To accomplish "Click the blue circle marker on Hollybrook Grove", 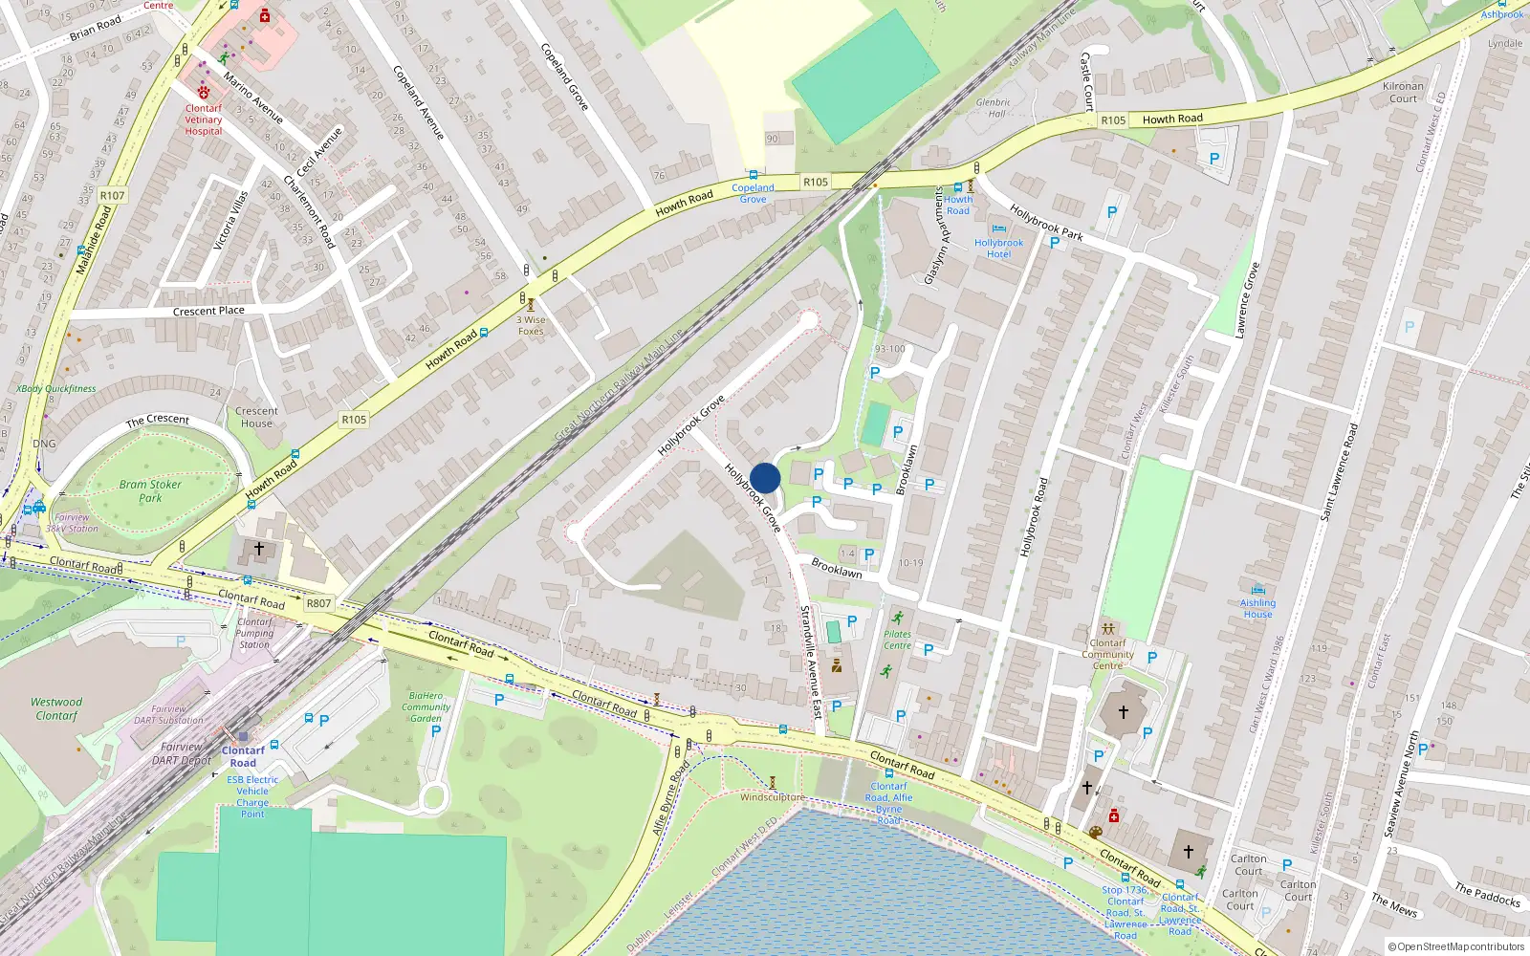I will pyautogui.click(x=765, y=478).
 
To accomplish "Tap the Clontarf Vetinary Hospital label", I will pyautogui.click(x=203, y=119).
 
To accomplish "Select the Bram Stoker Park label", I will pyautogui.click(x=150, y=490).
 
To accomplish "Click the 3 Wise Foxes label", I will pyautogui.click(x=532, y=326).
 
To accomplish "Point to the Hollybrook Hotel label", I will pyautogui.click(x=998, y=249).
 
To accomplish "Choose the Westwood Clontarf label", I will pyautogui.click(x=56, y=708).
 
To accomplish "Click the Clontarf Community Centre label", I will pyautogui.click(x=1107, y=654).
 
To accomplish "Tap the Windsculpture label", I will pyautogui.click(x=772, y=796).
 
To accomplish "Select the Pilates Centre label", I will pyautogui.click(x=897, y=640).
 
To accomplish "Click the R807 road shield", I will pyautogui.click(x=318, y=603).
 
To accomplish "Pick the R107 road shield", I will pyautogui.click(x=112, y=195).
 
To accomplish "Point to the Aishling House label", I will pyautogui.click(x=1257, y=608).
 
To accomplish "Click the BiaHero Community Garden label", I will pyautogui.click(x=426, y=706).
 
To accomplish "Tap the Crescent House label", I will pyautogui.click(x=256, y=417).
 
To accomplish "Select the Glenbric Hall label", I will pyautogui.click(x=993, y=107).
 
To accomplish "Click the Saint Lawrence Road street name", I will pyautogui.click(x=1339, y=472).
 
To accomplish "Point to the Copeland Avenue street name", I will pyautogui.click(x=419, y=102).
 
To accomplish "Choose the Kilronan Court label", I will pyautogui.click(x=1403, y=92).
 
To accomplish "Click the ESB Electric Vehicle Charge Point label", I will pyautogui.click(x=252, y=796).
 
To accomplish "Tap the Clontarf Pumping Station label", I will pyautogui.click(x=254, y=633).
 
